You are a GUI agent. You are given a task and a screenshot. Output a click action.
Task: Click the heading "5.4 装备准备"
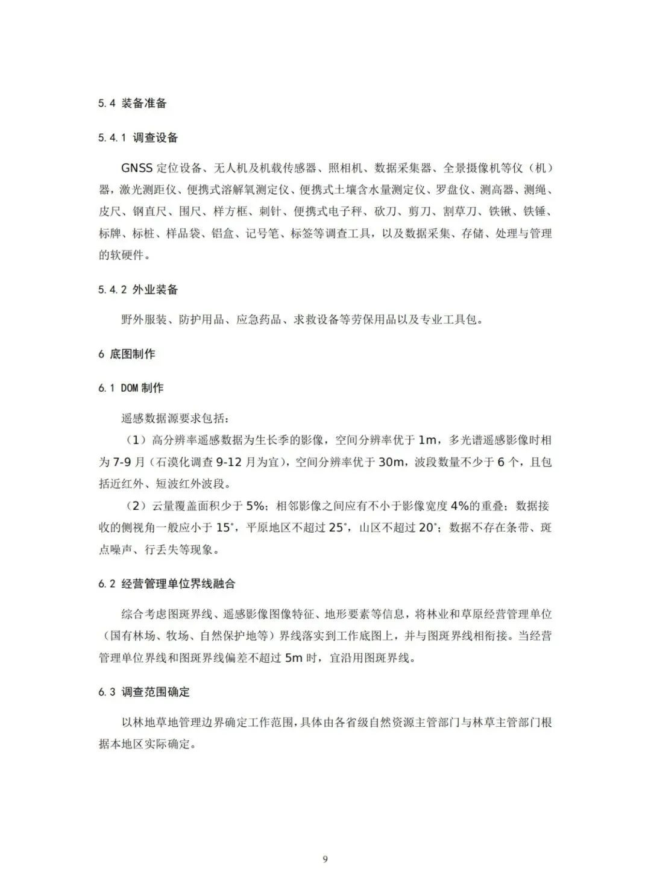(132, 103)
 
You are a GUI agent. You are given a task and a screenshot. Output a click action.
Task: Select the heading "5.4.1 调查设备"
(138, 138)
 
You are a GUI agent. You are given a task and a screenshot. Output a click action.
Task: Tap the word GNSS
(137, 168)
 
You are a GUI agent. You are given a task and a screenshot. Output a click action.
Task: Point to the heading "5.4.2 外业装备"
(138, 290)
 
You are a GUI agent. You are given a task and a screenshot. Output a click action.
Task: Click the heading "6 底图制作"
(127, 354)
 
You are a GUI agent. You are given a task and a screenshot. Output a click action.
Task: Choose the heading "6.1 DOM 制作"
(131, 388)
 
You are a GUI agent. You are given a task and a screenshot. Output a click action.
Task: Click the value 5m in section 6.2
(294, 657)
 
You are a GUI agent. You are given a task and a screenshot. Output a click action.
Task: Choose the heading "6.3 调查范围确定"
(144, 692)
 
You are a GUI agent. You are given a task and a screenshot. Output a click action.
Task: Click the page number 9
(325, 859)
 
